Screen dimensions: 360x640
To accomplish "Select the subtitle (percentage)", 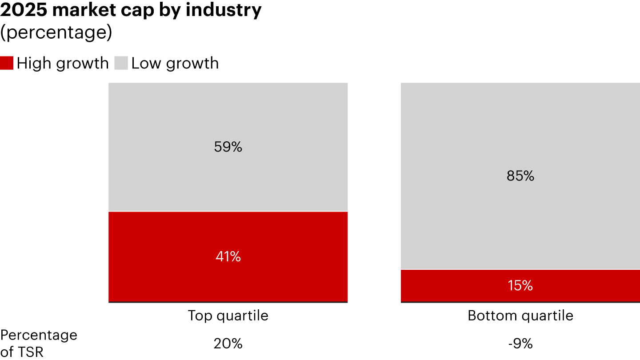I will pyautogui.click(x=56, y=33).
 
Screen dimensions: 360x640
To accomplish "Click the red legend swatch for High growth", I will pyautogui.click(x=7, y=63).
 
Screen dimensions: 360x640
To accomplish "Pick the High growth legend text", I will pyautogui.click(x=63, y=63).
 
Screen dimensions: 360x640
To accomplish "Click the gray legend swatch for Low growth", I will pyautogui.click(x=121, y=63).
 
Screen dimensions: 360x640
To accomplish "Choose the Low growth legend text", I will pyautogui.click(x=175, y=63).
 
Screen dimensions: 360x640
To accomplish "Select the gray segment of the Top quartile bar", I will pyautogui.click(x=228, y=116).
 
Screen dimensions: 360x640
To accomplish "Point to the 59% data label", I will pyautogui.click(x=228, y=147).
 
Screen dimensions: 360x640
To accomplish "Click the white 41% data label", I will pyautogui.click(x=228, y=256).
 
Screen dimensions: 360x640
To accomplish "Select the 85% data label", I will pyautogui.click(x=520, y=176).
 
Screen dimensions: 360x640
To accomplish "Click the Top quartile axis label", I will pyautogui.click(x=228, y=316).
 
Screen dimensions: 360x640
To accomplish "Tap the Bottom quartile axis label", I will pyautogui.click(x=520, y=316).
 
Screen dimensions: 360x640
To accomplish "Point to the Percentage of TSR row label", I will pyautogui.click(x=39, y=343).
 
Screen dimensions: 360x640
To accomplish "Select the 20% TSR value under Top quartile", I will pyautogui.click(x=228, y=344).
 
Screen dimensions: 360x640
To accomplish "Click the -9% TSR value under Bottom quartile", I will pyautogui.click(x=520, y=344).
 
